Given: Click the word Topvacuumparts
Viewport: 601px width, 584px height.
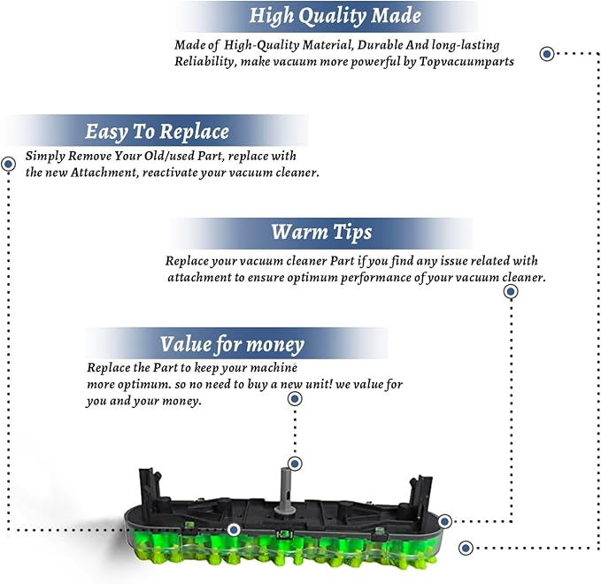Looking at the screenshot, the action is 466,62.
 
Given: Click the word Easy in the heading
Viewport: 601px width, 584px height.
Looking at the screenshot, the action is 106,132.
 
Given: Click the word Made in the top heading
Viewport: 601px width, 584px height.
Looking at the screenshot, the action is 397,16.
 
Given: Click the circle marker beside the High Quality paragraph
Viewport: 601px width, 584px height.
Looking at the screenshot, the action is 547,54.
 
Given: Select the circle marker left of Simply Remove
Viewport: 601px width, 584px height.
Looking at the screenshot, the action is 9,164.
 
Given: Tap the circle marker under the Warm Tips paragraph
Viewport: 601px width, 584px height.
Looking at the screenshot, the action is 511,292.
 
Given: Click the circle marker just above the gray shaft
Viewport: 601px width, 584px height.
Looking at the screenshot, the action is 295,464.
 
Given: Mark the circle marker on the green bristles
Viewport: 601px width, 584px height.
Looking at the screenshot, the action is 234,530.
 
